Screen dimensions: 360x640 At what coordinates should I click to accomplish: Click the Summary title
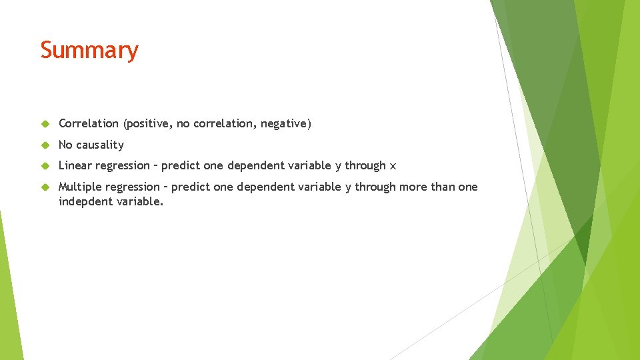click(89, 50)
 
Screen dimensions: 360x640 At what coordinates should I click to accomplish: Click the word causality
click(100, 145)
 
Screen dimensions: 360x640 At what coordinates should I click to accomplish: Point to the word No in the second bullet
click(65, 145)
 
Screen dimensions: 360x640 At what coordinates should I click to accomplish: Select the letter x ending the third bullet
click(393, 166)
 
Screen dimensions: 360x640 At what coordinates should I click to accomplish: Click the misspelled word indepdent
click(85, 201)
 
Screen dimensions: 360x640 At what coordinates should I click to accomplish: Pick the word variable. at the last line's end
click(140, 201)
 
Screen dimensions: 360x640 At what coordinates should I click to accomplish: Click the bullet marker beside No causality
click(45, 145)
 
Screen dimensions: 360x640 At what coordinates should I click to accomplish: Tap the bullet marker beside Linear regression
click(45, 166)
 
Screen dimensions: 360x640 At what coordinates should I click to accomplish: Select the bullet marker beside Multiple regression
click(45, 187)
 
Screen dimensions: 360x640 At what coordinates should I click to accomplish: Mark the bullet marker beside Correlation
click(45, 124)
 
